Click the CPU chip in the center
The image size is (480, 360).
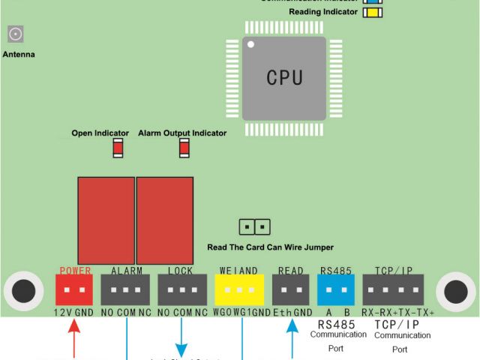click(x=283, y=78)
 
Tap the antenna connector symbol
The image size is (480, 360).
click(x=15, y=34)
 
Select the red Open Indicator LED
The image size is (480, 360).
click(x=118, y=148)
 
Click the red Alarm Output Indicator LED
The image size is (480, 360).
click(x=184, y=148)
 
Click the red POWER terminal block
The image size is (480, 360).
click(x=74, y=289)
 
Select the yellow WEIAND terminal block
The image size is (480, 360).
click(x=239, y=289)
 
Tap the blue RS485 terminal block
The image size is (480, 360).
click(x=336, y=289)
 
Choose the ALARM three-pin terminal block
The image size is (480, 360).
click(x=125, y=289)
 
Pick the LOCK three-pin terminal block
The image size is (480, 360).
click(x=182, y=289)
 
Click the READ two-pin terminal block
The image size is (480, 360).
click(x=290, y=289)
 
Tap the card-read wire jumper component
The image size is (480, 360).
click(x=255, y=226)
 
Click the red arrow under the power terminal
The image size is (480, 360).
click(x=73, y=337)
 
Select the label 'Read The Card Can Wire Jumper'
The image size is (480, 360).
click(x=270, y=247)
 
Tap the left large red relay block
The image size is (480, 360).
click(x=106, y=220)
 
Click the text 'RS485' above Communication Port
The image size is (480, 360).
click(x=336, y=324)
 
